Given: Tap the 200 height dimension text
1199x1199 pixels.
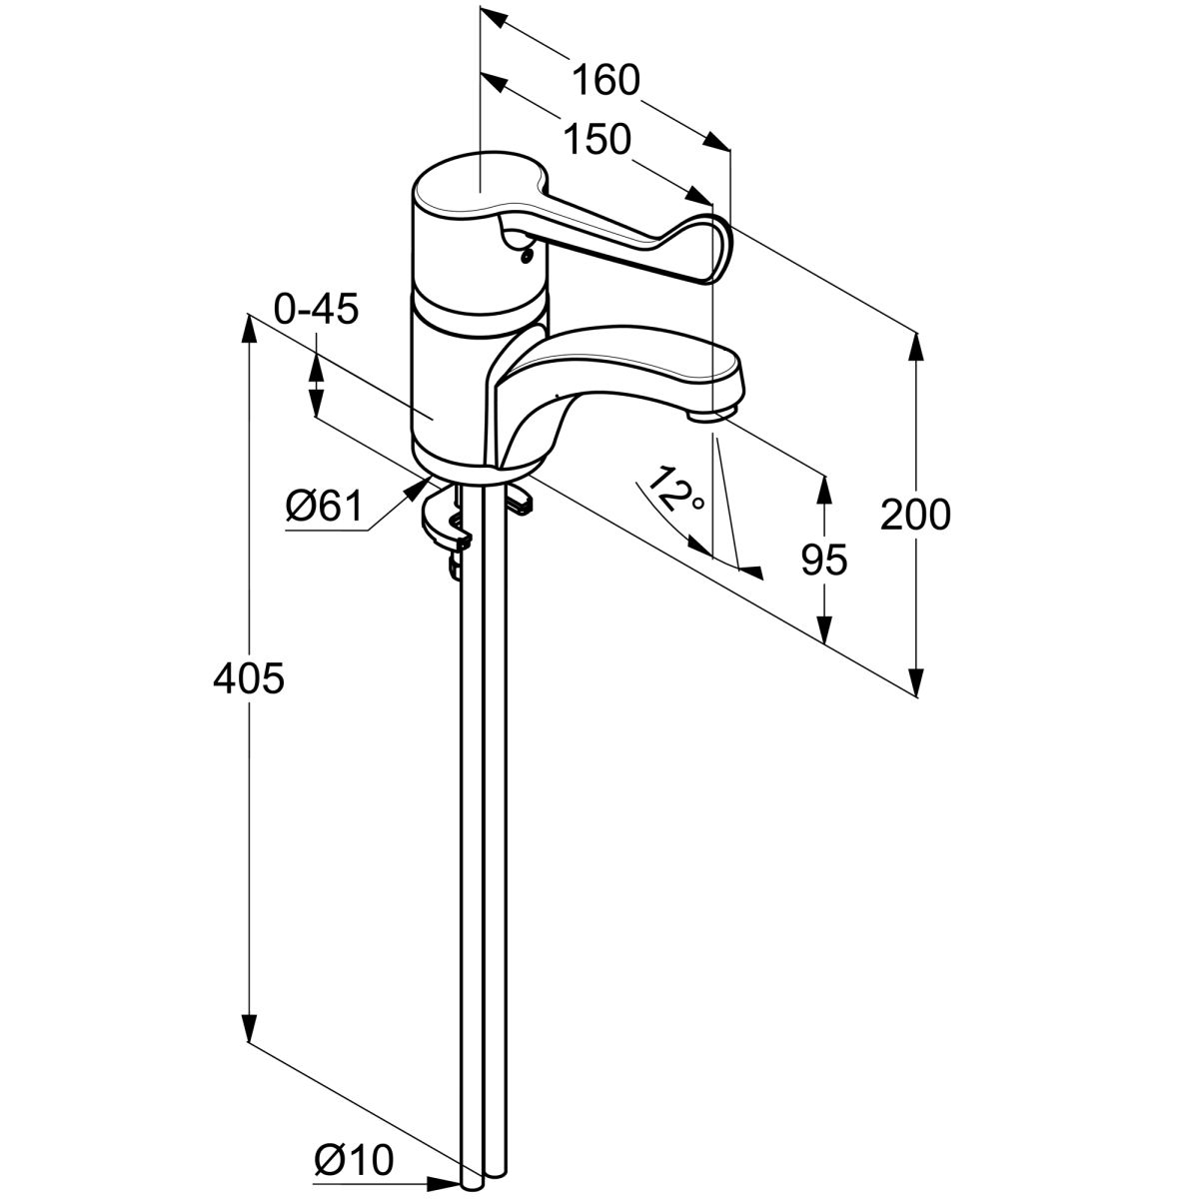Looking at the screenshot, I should click(x=915, y=516).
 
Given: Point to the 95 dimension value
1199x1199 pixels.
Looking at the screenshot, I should click(x=824, y=561).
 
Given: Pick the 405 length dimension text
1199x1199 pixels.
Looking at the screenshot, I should click(x=249, y=679).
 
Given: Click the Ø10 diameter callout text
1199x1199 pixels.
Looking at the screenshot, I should click(x=354, y=1161).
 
